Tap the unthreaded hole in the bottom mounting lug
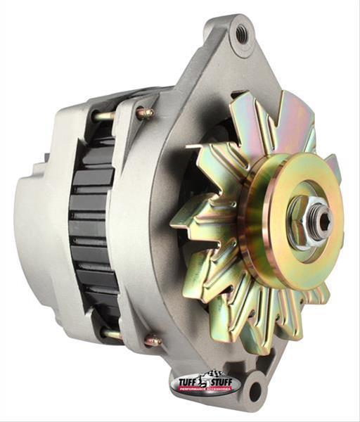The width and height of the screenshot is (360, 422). (x=254, y=388)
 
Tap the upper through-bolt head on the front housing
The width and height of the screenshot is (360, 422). (x=146, y=113)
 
